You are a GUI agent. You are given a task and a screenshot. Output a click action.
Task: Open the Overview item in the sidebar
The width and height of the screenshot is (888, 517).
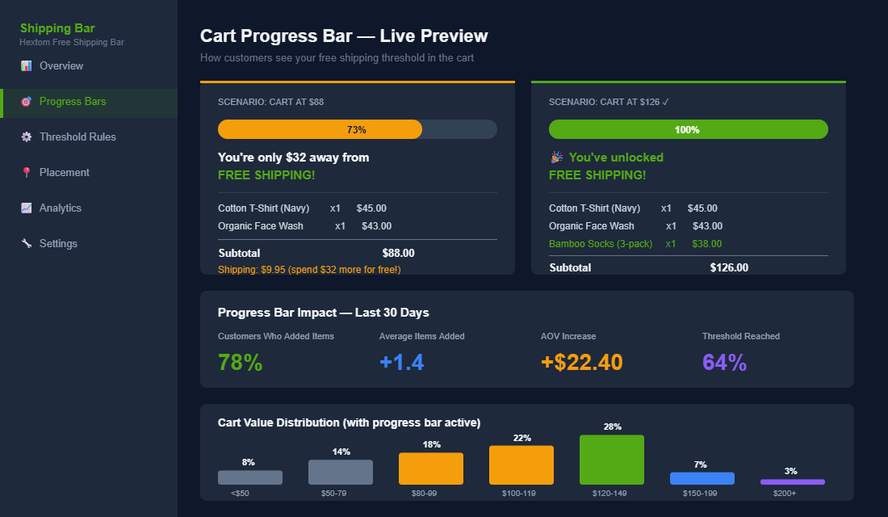[61, 66]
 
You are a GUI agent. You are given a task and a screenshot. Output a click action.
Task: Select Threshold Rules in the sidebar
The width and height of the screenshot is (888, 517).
[77, 137]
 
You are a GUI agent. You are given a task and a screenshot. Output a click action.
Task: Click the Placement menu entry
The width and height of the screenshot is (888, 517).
[64, 173]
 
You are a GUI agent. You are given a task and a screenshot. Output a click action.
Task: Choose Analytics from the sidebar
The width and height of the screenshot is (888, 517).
[60, 208]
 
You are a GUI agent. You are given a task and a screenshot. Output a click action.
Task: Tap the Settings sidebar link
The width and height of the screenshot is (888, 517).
[58, 244]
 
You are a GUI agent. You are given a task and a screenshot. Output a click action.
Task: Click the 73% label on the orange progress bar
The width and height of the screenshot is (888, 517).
[356, 129]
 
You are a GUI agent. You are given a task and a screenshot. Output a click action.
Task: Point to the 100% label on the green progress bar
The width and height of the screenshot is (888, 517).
[687, 129]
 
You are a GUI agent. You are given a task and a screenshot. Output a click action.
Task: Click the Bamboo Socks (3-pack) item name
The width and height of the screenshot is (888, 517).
[601, 244]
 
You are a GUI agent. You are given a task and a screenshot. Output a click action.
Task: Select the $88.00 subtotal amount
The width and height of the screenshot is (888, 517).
[398, 253]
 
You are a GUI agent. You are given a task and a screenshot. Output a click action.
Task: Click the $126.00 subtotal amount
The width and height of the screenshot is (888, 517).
[729, 267]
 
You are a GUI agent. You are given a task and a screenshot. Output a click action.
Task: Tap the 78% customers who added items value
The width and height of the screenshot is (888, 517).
[240, 363]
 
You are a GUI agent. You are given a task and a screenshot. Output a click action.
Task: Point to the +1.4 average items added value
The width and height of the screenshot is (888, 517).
[401, 363]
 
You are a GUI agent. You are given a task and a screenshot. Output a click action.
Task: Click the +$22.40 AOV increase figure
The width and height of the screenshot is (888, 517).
[581, 363]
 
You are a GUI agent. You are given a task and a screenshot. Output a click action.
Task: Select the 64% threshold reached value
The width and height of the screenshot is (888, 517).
[724, 363]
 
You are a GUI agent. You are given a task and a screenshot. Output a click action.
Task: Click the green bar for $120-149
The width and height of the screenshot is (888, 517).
[612, 460]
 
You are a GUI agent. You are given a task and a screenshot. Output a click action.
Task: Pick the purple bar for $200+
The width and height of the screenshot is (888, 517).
[793, 481]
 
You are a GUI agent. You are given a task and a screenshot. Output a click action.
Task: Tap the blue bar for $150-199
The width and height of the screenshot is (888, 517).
[702, 478]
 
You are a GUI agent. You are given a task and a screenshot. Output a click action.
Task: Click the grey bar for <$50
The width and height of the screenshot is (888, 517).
[250, 477]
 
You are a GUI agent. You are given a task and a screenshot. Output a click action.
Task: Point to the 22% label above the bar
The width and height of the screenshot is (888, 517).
[521, 438]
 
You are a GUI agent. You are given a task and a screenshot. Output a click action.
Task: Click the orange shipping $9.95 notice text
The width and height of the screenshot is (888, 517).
[309, 269]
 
